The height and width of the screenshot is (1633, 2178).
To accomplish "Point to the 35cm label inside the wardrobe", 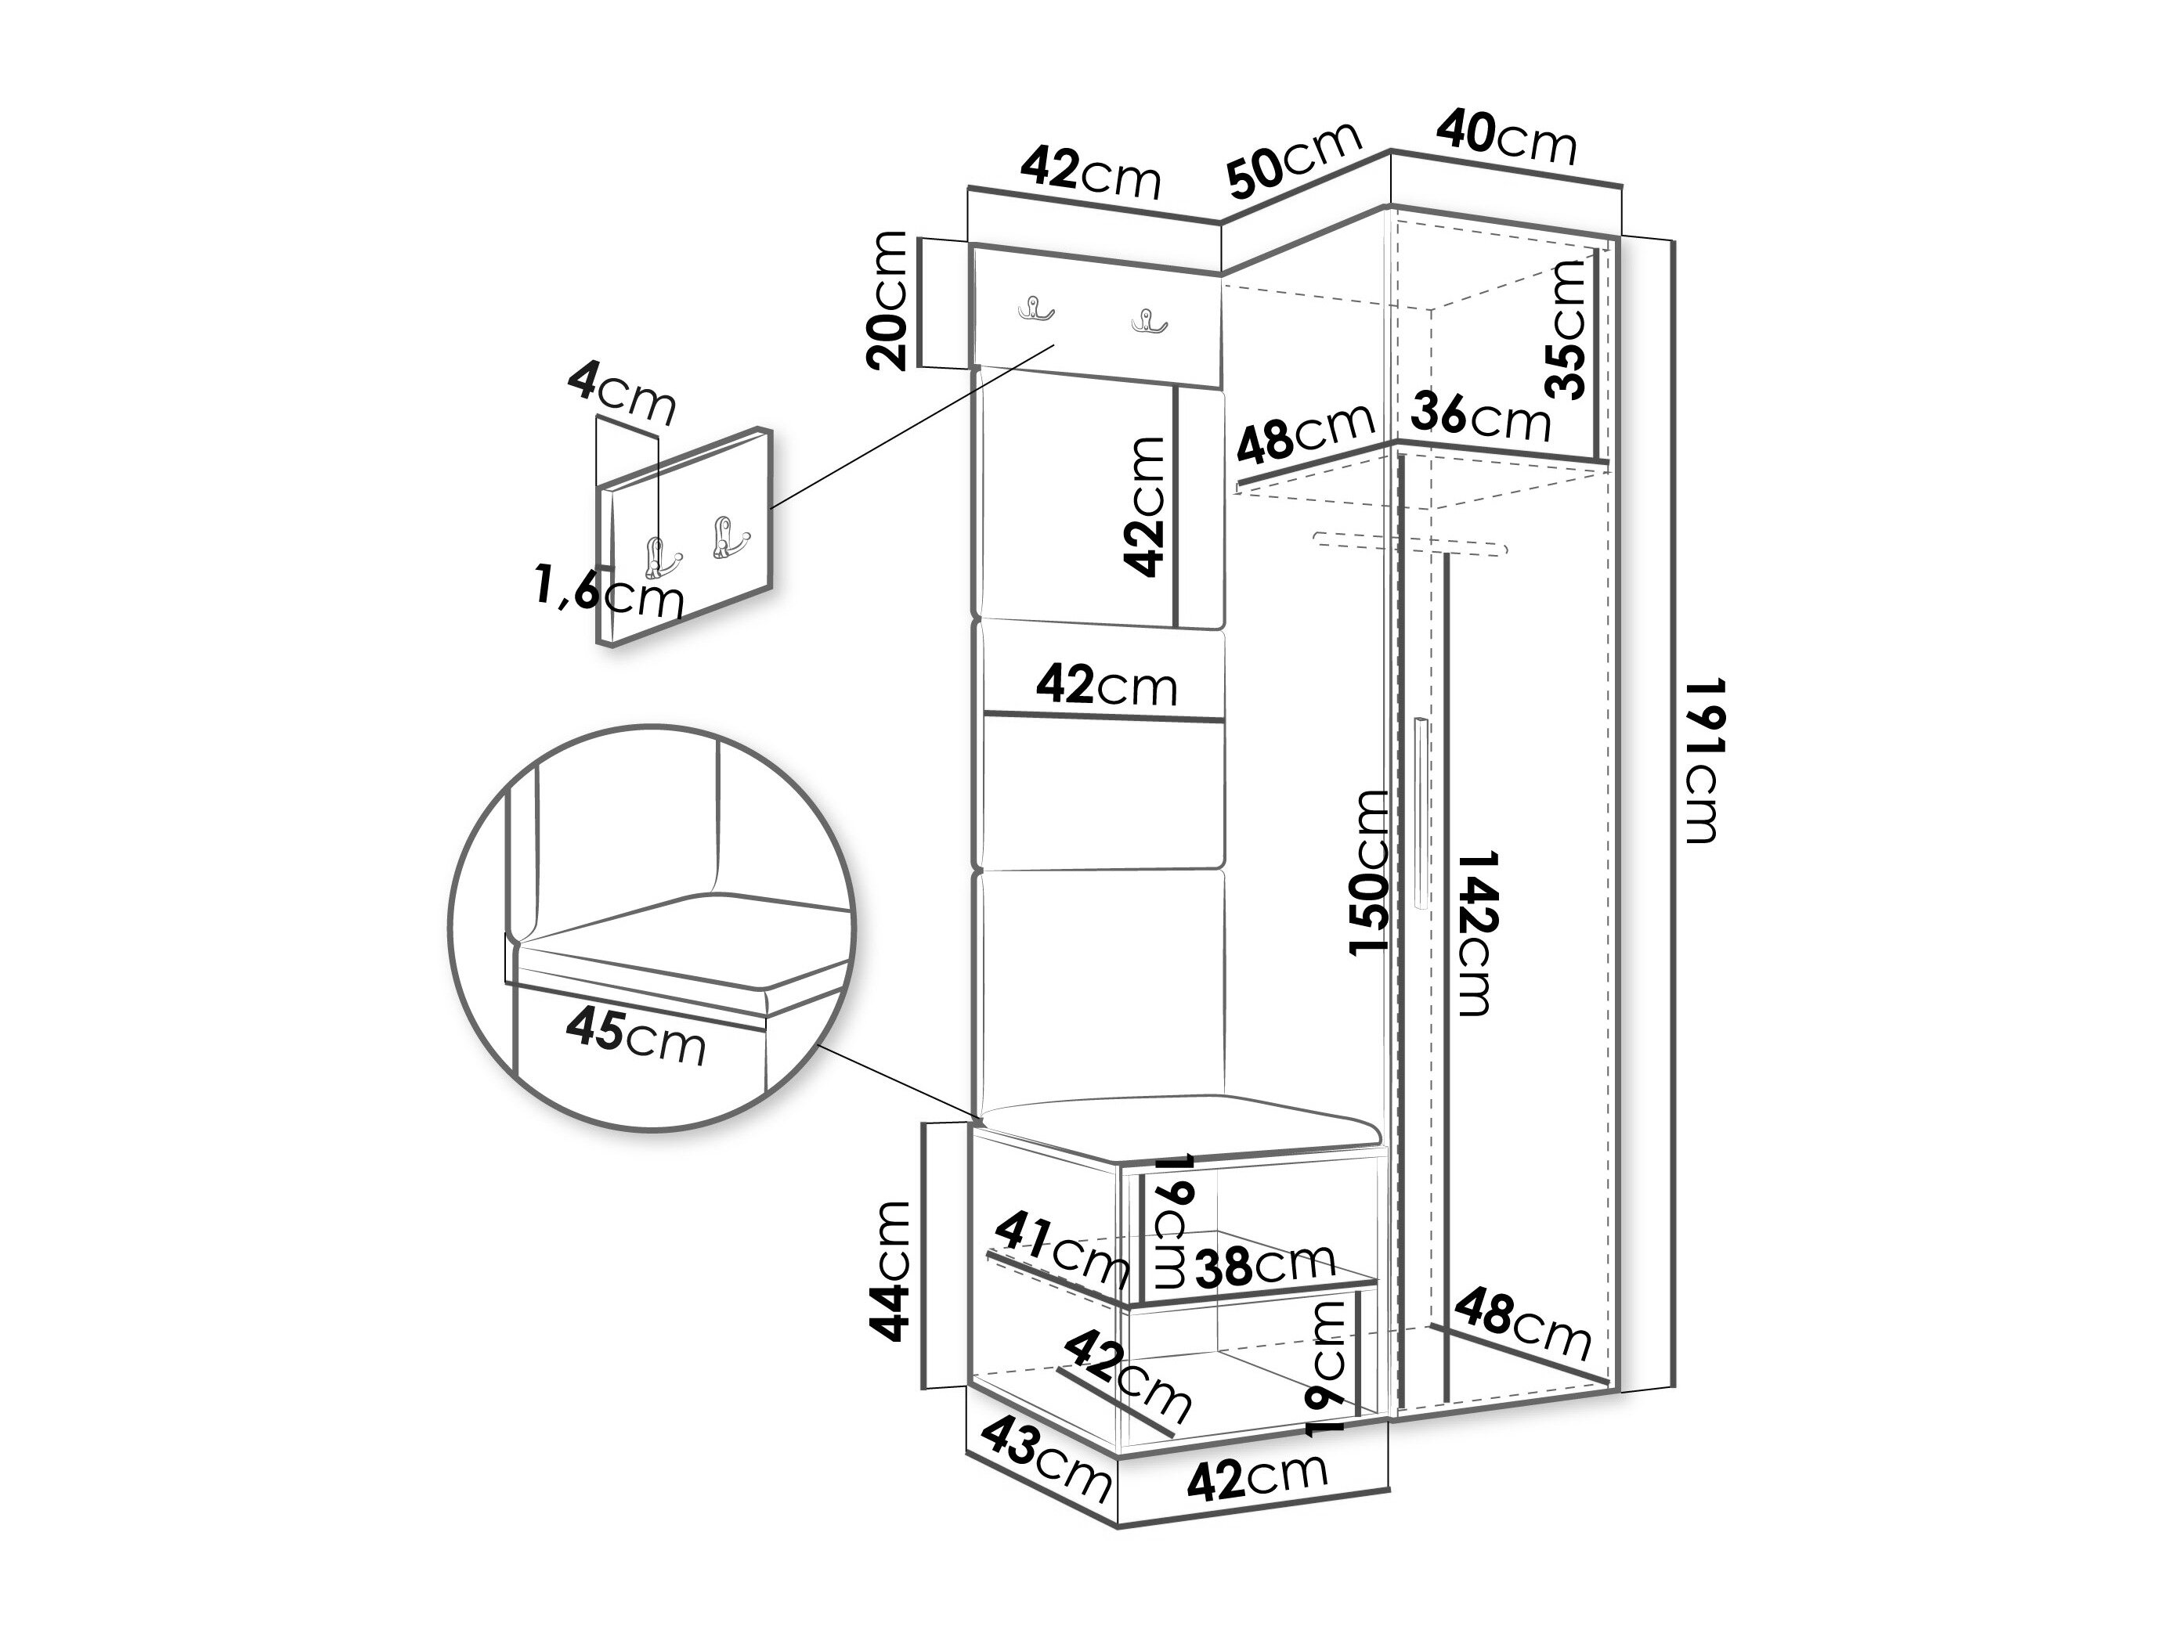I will point(1565,329).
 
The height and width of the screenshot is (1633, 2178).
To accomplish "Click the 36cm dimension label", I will point(1480,416).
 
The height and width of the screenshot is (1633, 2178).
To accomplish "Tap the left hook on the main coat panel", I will point(1035,310).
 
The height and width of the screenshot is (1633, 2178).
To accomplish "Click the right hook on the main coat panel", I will point(1148,320).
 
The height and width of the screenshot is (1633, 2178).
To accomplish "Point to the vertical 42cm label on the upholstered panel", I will point(1144,506).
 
